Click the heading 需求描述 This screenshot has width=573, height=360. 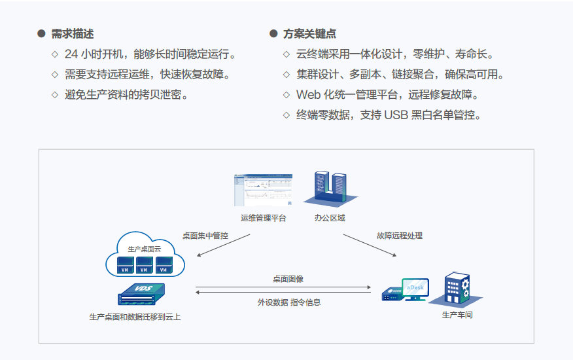(x=73, y=33)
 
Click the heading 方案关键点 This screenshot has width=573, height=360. (x=309, y=33)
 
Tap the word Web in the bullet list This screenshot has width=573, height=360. (x=309, y=95)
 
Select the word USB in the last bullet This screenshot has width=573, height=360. (x=396, y=115)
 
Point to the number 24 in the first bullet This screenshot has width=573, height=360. (x=71, y=54)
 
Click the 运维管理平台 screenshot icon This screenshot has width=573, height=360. (x=263, y=190)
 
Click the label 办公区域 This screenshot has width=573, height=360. (x=330, y=218)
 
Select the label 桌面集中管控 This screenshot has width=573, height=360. (x=205, y=236)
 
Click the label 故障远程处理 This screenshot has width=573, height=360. (x=400, y=236)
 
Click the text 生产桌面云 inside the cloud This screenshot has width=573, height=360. (x=145, y=249)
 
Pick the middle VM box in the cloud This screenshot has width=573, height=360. (x=144, y=265)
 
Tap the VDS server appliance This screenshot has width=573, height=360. (x=141, y=294)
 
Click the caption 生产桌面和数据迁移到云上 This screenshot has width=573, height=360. (x=135, y=317)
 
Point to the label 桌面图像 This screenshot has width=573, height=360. (x=288, y=279)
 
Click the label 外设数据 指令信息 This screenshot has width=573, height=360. (x=288, y=302)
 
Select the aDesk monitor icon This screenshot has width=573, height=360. (x=415, y=289)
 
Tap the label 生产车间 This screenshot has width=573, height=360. (x=457, y=315)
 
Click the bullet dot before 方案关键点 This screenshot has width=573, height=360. (x=273, y=33)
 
